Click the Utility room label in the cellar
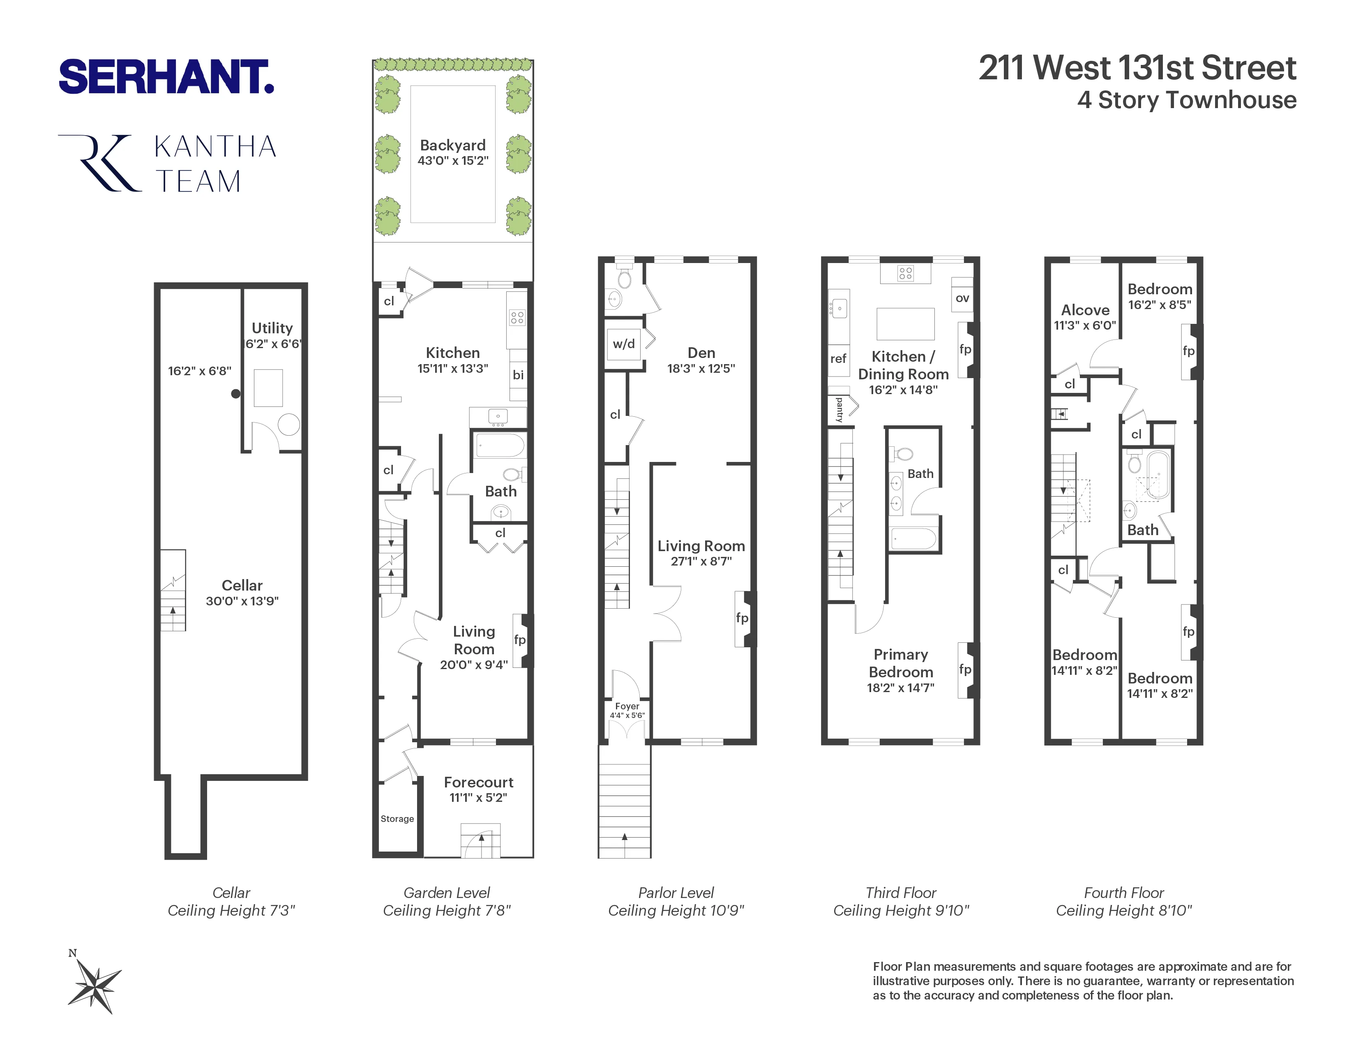(x=272, y=328)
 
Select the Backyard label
(x=453, y=145)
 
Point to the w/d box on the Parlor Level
(x=624, y=343)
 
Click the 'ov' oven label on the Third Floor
(x=962, y=298)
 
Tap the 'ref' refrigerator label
(x=838, y=358)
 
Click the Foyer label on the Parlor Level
(x=627, y=706)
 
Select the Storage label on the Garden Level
(x=397, y=818)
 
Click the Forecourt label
(x=479, y=782)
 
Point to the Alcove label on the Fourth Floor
(x=1085, y=310)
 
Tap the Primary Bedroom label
(x=900, y=663)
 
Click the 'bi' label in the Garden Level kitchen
(x=518, y=375)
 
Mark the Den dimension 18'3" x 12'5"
(x=701, y=368)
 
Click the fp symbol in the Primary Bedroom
(x=965, y=669)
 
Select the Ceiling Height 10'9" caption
(x=676, y=910)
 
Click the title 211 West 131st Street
(x=1137, y=68)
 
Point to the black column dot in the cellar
(x=236, y=394)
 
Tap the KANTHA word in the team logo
(x=215, y=147)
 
